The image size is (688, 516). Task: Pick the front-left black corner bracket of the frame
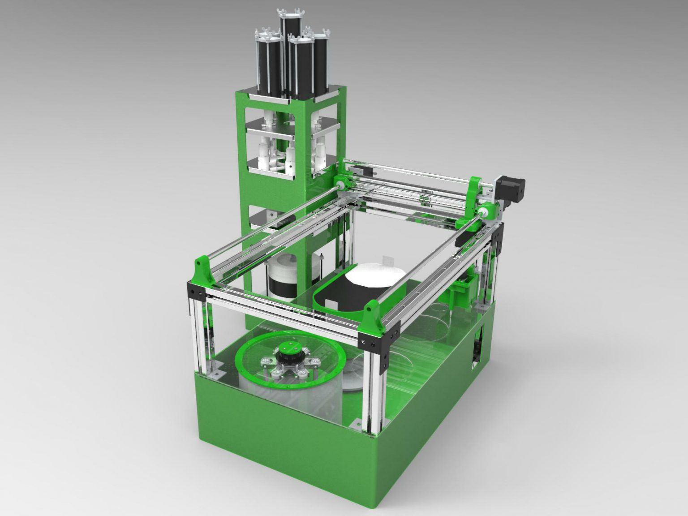point(196,293)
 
